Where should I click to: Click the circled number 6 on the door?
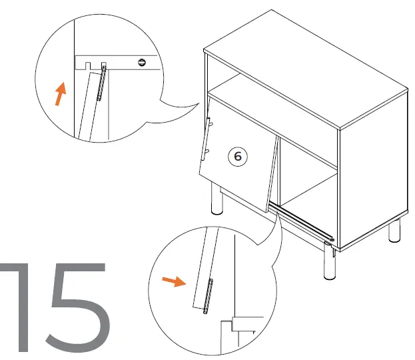coord(238,156)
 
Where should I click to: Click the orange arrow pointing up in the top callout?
coord(61,93)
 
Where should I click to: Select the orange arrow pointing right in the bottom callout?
coord(174,281)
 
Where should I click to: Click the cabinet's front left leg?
coord(216,200)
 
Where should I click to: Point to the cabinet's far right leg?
coord(394,231)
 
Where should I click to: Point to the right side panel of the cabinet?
coord(373,167)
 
